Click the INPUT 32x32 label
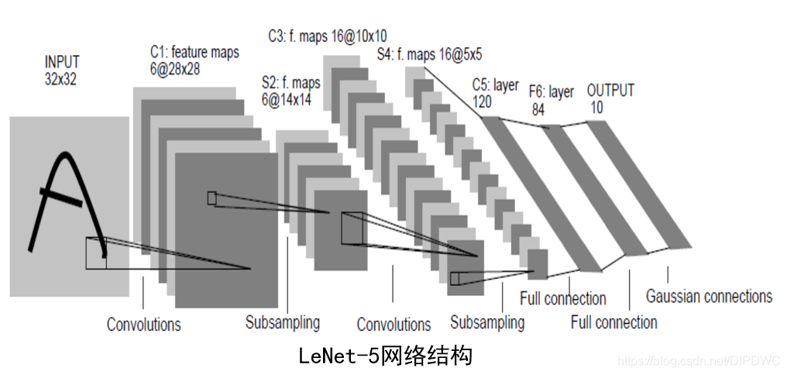[62, 69]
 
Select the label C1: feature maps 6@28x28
[194, 60]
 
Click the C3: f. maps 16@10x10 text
[327, 36]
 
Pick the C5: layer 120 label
[495, 93]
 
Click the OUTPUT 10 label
[610, 98]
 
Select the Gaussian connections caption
[708, 296]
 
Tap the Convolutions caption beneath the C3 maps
[393, 324]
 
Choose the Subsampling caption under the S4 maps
[486, 322]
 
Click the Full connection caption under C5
[562, 298]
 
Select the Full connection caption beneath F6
[613, 322]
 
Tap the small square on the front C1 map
[211, 198]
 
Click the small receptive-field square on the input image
[96, 253]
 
